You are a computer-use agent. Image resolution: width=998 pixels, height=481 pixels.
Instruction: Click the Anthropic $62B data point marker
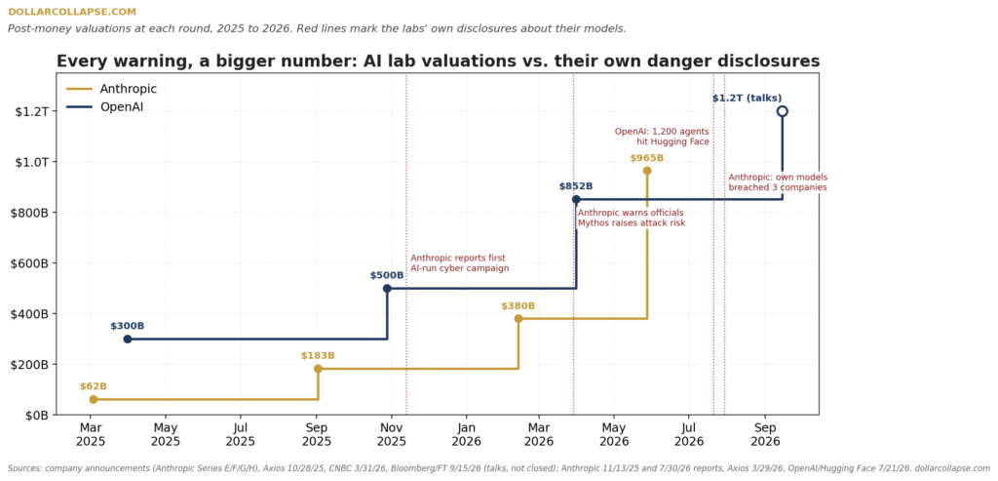point(94,399)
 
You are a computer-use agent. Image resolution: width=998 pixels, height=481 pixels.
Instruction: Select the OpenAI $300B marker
point(128,339)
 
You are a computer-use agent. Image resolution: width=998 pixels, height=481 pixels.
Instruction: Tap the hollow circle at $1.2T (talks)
point(783,111)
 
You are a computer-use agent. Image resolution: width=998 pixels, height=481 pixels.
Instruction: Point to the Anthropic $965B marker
point(647,171)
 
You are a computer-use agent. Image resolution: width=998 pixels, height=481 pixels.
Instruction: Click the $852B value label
point(576,186)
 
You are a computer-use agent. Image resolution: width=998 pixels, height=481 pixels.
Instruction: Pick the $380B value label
point(518,305)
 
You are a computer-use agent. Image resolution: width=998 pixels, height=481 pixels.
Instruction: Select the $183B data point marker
point(319,369)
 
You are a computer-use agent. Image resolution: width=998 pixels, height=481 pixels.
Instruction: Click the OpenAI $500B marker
point(387,289)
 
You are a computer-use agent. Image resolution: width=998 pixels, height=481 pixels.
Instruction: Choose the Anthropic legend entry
point(111,89)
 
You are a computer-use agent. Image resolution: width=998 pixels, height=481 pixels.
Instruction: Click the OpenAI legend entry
point(105,106)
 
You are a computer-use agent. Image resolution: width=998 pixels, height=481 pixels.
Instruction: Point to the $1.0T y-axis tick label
point(31,162)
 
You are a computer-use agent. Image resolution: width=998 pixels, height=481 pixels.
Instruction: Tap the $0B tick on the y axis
point(36,416)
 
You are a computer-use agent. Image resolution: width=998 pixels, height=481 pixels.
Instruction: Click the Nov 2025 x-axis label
point(392,434)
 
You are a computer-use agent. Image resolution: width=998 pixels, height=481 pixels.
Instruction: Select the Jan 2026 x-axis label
point(467,434)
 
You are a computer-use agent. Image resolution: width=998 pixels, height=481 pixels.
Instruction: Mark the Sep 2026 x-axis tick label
point(765,434)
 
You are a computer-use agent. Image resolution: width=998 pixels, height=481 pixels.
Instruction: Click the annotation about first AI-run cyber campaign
point(460,263)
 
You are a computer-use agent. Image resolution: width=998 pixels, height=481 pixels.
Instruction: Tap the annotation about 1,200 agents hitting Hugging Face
point(662,137)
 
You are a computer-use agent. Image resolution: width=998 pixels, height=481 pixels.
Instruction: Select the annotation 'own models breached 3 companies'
point(778,182)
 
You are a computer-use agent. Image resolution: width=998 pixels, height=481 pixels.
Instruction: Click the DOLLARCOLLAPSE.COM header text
point(72,12)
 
